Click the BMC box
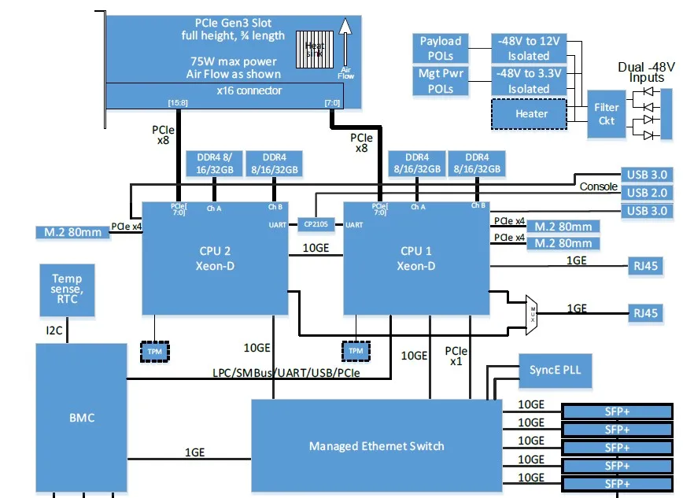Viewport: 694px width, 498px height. pyautogui.click(x=81, y=417)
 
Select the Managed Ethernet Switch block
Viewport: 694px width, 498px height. pyautogui.click(x=376, y=446)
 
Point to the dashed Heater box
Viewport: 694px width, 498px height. pyautogui.click(x=531, y=114)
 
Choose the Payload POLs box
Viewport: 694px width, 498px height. pyautogui.click(x=441, y=48)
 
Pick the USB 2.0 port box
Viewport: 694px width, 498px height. pyautogui.click(x=648, y=193)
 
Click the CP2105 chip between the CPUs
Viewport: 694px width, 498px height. pyautogui.click(x=317, y=224)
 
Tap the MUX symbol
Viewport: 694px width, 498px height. pyautogui.click(x=532, y=311)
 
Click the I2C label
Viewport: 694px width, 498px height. pyautogui.click(x=49, y=322)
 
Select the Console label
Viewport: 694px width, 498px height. pyautogui.click(x=599, y=186)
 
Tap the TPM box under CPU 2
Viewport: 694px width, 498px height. pyautogui.click(x=155, y=351)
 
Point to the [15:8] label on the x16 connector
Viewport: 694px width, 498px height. pyautogui.click(x=178, y=103)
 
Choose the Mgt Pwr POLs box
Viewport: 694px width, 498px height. pyautogui.click(x=441, y=81)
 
